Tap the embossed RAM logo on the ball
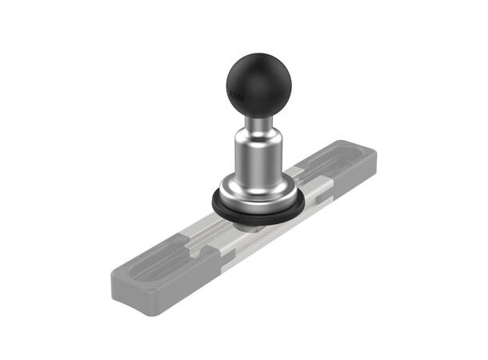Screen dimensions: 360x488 click(237, 95)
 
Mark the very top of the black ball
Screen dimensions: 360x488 click(258, 55)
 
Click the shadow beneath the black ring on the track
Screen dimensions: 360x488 click(252, 228)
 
